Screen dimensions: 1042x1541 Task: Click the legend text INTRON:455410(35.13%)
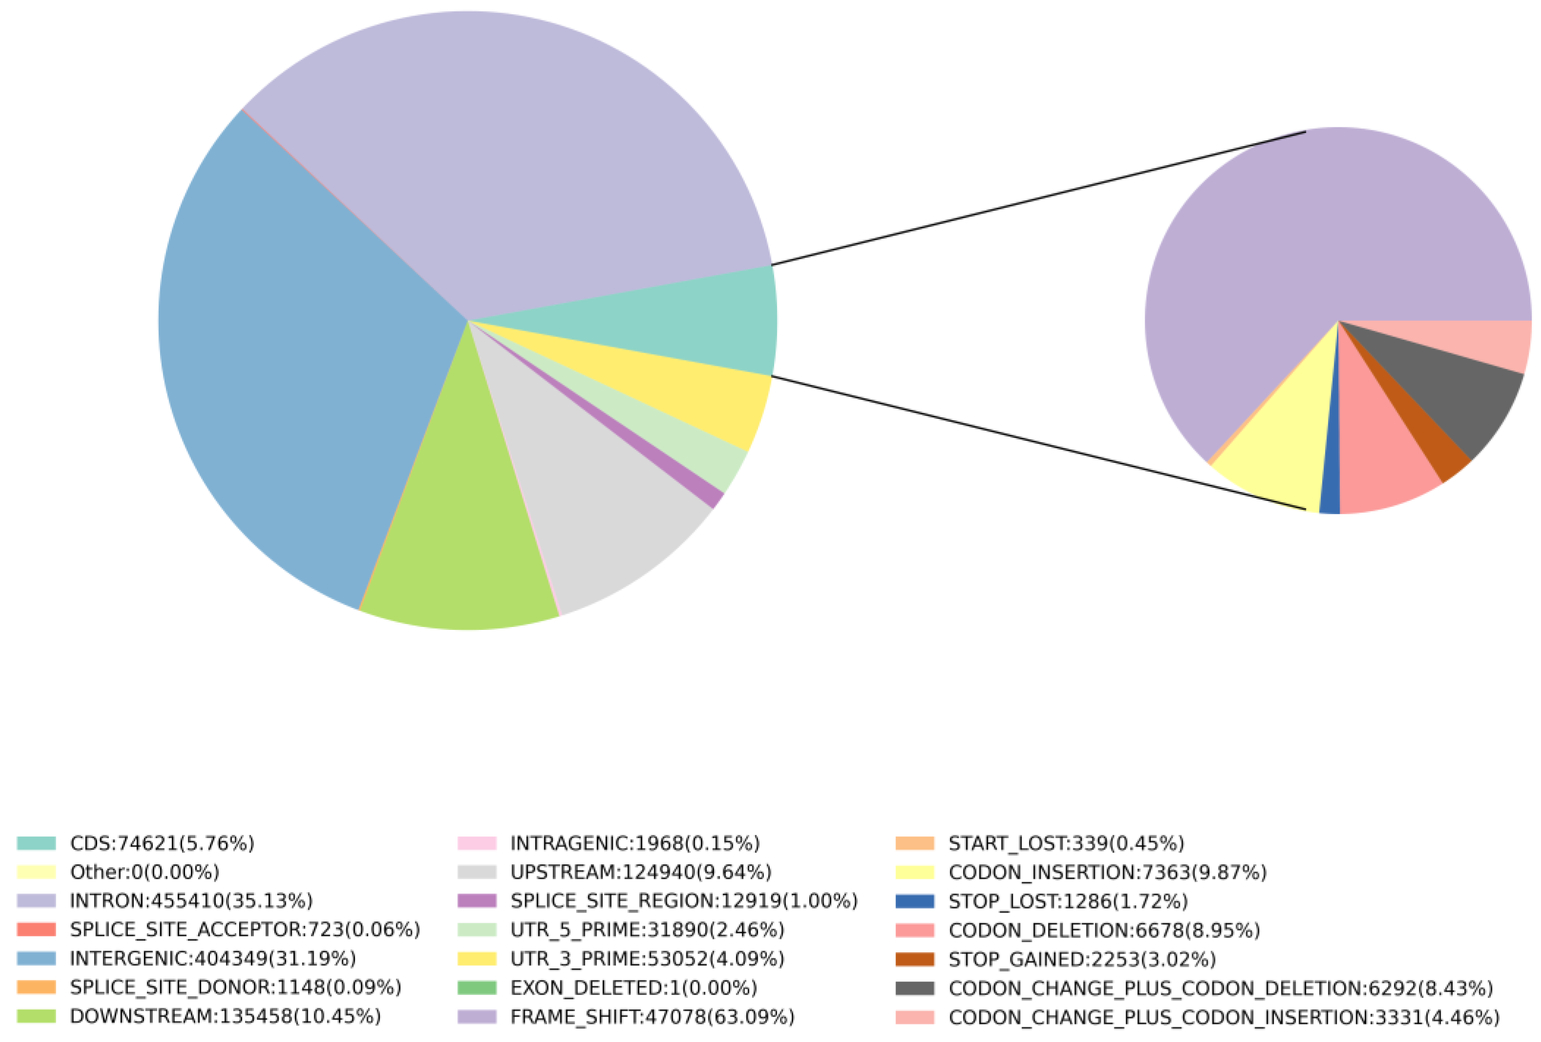tap(191, 901)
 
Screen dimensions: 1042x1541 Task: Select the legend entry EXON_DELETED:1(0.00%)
tap(633, 988)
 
